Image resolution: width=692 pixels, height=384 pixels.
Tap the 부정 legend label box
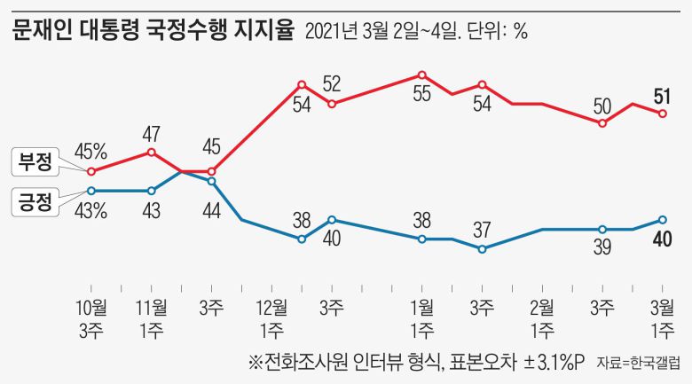[x=35, y=161]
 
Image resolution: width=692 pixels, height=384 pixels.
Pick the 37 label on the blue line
[x=482, y=229]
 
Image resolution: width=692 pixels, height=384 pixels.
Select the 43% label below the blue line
[x=90, y=211]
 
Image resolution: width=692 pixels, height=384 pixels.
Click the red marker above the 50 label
[x=602, y=123]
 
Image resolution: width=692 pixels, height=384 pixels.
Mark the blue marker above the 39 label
[x=602, y=229]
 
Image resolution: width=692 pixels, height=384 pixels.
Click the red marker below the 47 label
[x=151, y=152]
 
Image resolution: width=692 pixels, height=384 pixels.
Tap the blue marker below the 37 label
[x=482, y=249]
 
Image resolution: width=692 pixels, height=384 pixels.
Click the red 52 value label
[x=332, y=85]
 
